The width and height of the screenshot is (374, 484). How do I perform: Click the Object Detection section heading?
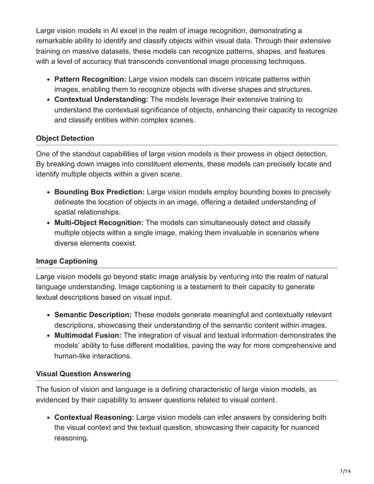64,138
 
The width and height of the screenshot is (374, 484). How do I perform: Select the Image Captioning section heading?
66,261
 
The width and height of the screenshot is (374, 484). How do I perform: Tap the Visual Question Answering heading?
83,373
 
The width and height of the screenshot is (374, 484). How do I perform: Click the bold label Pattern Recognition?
90,79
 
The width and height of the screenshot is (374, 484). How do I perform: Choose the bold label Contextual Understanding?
101,100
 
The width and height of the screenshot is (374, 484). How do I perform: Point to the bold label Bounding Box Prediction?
100,192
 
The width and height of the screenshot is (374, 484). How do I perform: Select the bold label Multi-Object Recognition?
99,222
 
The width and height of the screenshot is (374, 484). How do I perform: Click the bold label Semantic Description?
93,315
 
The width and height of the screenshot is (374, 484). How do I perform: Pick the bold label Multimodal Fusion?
88,335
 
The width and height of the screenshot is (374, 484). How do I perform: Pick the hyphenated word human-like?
74,356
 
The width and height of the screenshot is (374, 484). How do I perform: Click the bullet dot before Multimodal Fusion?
48,336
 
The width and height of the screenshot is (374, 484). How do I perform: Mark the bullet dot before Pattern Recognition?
48,79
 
